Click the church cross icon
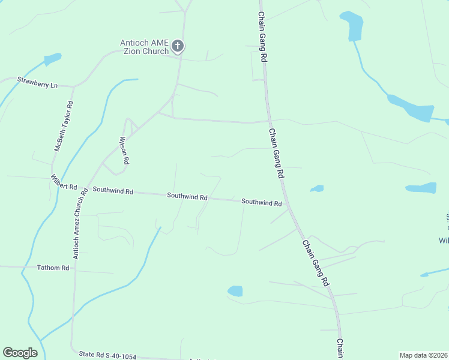pos(177,46)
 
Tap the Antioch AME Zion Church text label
pos(144,47)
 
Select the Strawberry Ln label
pos(37,82)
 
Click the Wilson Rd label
pos(124,151)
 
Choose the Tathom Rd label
pos(53,268)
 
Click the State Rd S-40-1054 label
pos(107,356)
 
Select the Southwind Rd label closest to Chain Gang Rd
pos(261,203)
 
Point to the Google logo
pos(20,353)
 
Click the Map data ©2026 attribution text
pos(424,355)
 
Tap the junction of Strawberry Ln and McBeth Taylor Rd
pos(73,86)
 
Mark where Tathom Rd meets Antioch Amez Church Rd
pos(74,268)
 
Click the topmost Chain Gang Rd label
pos(263,37)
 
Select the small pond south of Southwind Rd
pos(235,291)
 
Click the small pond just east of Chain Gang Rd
pos(317,188)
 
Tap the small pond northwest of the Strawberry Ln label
pos(52,59)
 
